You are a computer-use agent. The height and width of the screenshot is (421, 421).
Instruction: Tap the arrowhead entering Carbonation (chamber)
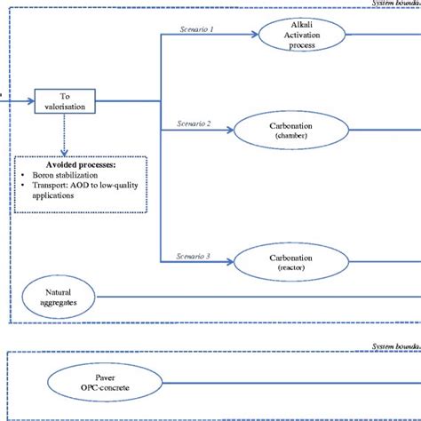234,133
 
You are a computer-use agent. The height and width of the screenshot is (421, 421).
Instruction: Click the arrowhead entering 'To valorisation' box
31,106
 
